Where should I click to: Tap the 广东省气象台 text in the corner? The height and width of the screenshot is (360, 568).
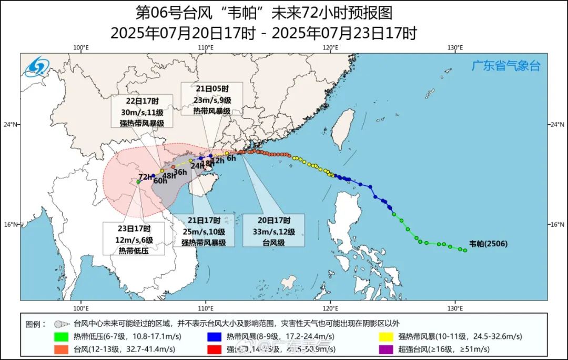[505, 66]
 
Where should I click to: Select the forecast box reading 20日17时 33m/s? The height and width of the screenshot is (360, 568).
[273, 230]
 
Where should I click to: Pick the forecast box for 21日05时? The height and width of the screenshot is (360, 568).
[211, 98]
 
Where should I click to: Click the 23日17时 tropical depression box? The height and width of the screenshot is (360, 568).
[134, 238]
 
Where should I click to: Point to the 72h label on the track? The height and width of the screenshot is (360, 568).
[145, 176]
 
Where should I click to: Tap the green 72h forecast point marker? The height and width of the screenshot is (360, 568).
[138, 182]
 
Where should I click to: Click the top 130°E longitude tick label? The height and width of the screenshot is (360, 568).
[455, 48]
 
